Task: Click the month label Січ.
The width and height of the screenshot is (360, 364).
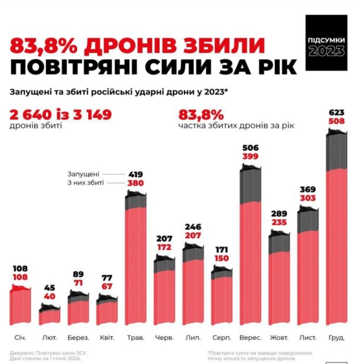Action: [20, 337]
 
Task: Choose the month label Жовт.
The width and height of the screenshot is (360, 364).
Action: [280, 337]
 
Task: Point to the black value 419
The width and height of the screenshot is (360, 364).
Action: [135, 174]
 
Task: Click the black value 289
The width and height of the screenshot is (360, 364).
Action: [280, 214]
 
